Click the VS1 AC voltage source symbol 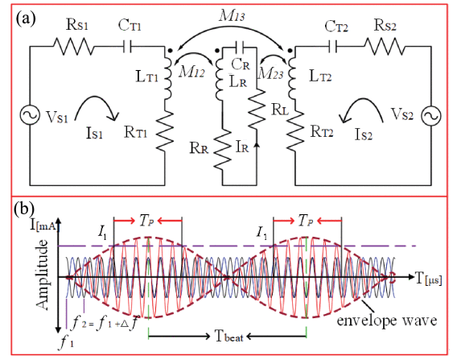30,115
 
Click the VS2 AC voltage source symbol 431,116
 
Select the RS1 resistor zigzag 73,47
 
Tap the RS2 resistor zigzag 384,47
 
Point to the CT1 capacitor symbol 127,47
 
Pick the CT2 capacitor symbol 332,47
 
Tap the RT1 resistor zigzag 165,131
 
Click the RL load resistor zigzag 257,109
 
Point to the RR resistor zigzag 222,150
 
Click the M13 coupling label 232,16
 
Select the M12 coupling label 191,72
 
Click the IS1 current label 94,134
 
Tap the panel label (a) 26,19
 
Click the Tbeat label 229,337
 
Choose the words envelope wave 387,320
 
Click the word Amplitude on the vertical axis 42,275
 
